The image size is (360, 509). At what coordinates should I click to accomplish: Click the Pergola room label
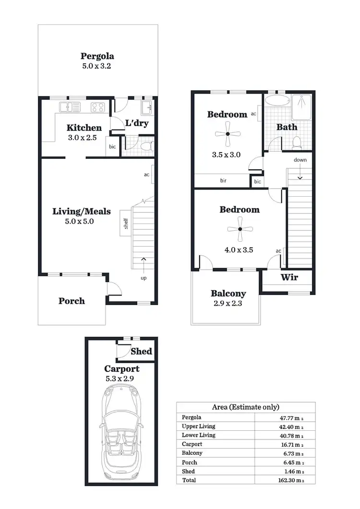(x=97, y=56)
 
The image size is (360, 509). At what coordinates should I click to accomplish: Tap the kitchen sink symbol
(x=70, y=107)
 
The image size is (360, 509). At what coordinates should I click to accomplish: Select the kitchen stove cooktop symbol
(x=98, y=107)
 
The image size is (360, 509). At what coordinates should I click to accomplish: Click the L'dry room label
(x=137, y=123)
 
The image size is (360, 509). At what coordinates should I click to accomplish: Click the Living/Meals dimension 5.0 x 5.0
(x=81, y=222)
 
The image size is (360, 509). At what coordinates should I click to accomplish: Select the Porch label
(x=72, y=301)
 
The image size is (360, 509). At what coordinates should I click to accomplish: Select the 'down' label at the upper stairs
(x=300, y=160)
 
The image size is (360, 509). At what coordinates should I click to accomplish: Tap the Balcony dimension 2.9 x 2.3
(x=228, y=303)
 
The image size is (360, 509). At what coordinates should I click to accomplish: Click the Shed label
(x=142, y=351)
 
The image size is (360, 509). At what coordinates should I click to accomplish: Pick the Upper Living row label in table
(x=198, y=426)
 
